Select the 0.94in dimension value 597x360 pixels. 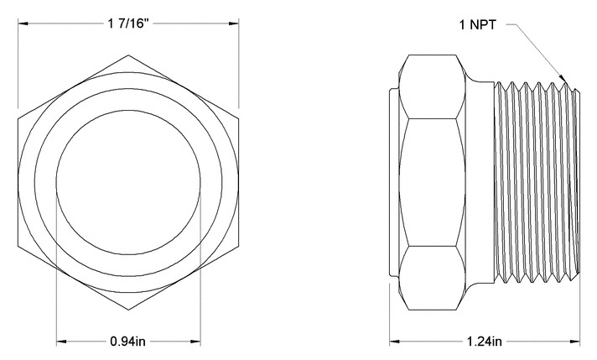(128, 342)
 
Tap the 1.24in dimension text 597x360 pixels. (485, 342)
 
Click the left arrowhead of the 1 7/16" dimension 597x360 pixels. (21, 23)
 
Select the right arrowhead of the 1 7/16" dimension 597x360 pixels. (236, 23)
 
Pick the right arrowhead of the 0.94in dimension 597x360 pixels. (197, 342)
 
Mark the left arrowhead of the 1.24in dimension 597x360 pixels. (392, 342)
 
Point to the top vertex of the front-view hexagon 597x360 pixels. (128, 55)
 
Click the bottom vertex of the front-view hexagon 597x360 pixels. (128, 305)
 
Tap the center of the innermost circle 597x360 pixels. (128, 180)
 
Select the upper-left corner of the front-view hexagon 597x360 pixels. (18, 117)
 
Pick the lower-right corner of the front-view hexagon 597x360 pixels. (239, 243)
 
